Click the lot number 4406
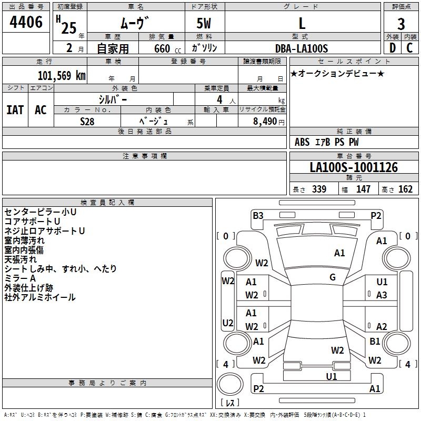26,22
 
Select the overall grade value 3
401,24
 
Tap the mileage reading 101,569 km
62,76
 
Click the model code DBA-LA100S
302,48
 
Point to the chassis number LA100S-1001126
354,167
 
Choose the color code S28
87,122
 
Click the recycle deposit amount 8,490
265,122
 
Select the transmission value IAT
15,110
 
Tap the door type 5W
204,23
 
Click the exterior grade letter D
393,48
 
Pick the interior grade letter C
409,48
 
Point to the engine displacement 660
162,48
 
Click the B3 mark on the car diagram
258,216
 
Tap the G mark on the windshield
333,277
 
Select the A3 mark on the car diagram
382,295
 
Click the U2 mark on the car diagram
228,323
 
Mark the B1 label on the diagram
375,341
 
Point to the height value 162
405,189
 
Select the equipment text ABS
302,142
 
